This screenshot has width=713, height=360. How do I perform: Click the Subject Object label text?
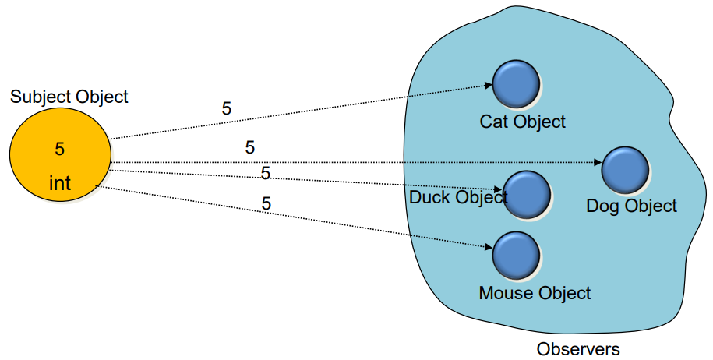[x=69, y=97]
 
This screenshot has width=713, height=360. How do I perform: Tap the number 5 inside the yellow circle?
[x=60, y=148]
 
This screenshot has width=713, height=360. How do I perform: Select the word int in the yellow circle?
[x=60, y=184]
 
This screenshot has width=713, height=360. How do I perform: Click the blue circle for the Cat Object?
[x=516, y=84]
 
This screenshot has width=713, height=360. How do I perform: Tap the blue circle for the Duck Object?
[x=528, y=194]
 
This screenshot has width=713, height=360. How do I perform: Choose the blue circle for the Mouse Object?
[x=517, y=255]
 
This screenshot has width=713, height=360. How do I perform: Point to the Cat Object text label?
[x=522, y=122]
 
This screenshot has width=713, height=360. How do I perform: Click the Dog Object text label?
[x=631, y=206]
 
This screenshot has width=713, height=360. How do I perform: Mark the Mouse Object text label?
[x=535, y=293]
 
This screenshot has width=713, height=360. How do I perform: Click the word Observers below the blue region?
[x=578, y=349]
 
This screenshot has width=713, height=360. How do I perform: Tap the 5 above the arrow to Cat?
[x=227, y=109]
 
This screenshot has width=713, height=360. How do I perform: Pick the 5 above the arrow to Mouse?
[x=266, y=204]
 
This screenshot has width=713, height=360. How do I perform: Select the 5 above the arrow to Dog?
[x=250, y=147]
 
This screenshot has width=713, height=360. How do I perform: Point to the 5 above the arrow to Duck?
[x=266, y=173]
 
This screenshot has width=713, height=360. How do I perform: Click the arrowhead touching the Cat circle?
[x=488, y=86]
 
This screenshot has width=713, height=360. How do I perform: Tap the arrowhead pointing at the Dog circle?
[x=598, y=164]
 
